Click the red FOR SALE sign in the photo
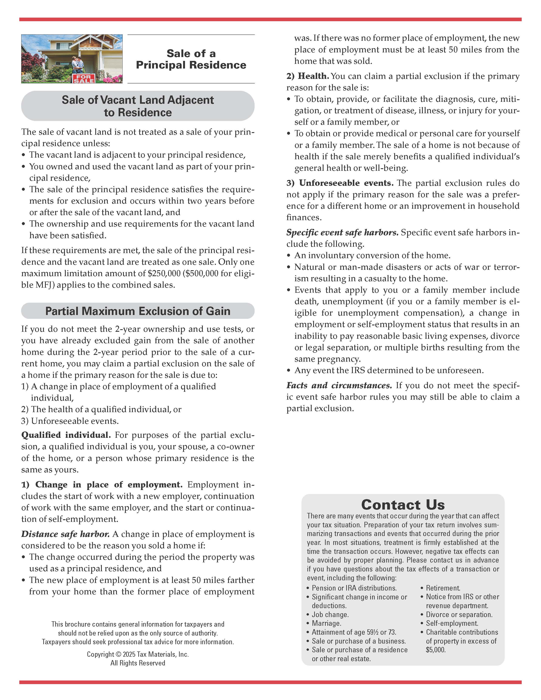pos(83,78)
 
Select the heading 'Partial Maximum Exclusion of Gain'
pos(138,311)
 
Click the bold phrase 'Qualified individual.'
pos(66,435)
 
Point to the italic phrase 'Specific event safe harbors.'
pos(342,232)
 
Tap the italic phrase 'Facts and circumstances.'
pos(339,385)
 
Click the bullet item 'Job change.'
pos(330,615)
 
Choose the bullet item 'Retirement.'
pos(443,588)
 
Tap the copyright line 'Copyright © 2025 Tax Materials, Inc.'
pos(138,654)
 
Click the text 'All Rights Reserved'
pos(138,663)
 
